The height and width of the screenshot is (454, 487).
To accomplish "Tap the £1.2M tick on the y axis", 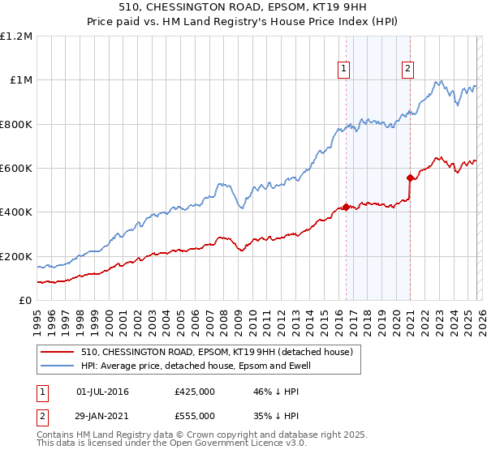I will pyautogui.click(x=16, y=36).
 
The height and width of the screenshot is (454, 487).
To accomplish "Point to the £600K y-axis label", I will pyautogui.click(x=16, y=169).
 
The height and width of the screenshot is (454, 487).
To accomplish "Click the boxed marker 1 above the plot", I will pyautogui.click(x=345, y=69).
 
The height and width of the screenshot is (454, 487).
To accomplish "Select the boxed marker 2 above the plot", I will pyautogui.click(x=407, y=69).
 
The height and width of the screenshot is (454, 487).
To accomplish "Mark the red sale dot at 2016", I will pyautogui.click(x=347, y=207).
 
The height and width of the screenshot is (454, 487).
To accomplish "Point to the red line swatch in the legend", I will pyautogui.click(x=57, y=353).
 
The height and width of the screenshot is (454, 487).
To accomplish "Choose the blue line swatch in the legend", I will pyautogui.click(x=57, y=366).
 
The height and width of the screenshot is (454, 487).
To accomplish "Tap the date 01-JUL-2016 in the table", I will pyautogui.click(x=102, y=392).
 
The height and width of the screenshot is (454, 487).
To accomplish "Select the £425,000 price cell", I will pyautogui.click(x=194, y=392).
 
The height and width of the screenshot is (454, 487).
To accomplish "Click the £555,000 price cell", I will pyautogui.click(x=194, y=415).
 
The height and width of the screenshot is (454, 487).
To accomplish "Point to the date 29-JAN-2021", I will pyautogui.click(x=102, y=415).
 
